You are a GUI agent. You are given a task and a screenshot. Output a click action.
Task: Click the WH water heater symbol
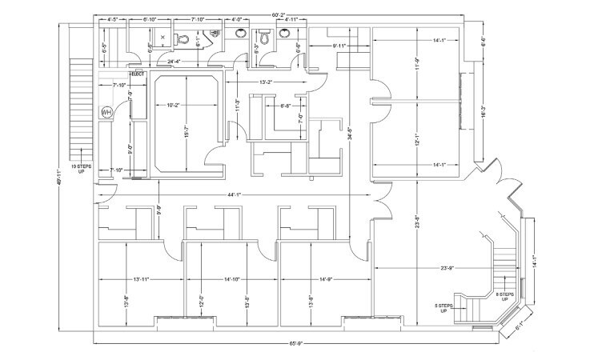click(106, 113)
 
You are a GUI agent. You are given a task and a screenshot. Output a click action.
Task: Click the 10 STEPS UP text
click(77, 169)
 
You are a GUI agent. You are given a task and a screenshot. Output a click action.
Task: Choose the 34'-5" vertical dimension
click(350, 136)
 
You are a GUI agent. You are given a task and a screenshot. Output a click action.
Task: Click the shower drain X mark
click(163, 37)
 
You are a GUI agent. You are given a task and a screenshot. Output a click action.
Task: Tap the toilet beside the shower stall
click(183, 38)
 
